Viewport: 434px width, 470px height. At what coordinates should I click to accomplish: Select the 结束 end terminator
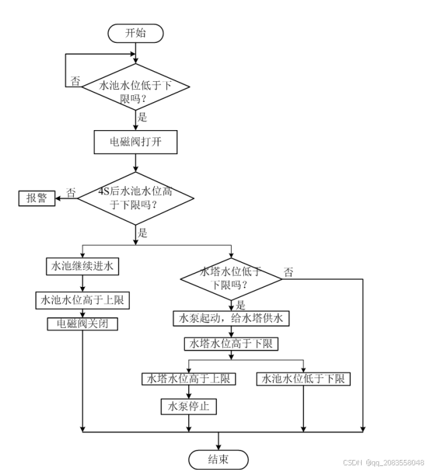pos(218,459)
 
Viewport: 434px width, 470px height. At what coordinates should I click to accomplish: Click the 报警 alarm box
pos(36,197)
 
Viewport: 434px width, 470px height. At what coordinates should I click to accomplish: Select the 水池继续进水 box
pos(82,266)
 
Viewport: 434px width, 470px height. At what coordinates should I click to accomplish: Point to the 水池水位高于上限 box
pos(82,300)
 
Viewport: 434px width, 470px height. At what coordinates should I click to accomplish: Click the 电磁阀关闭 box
pos(82,323)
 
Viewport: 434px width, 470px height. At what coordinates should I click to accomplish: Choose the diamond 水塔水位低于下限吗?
pos(231,278)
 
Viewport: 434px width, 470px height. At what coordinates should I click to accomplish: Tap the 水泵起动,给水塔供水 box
pos(231,318)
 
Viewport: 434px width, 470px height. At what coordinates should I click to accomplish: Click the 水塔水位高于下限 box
pos(231,344)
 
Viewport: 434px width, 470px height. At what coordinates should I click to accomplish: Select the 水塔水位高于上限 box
pos(188,379)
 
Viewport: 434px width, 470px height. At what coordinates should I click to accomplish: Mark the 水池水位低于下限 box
pos(303,379)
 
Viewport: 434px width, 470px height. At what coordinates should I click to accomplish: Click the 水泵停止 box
pos(188,406)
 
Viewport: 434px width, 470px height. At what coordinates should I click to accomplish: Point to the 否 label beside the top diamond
pos(75,80)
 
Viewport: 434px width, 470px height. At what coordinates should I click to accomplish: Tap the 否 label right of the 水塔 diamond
pos(288,272)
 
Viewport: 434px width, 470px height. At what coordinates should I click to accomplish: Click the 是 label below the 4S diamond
pos(143,233)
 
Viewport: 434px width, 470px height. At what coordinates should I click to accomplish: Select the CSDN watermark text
pos(383,463)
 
